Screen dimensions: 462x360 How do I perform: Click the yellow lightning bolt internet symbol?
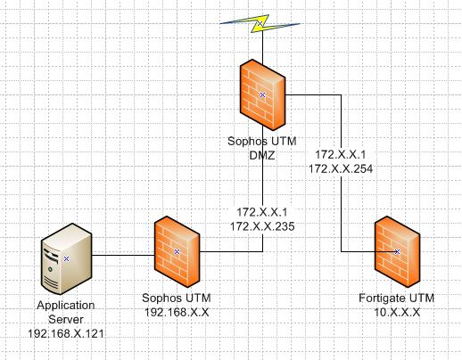[260, 23]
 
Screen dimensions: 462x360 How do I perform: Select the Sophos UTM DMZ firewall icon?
[262, 94]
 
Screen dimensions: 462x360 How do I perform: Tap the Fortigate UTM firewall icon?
[397, 251]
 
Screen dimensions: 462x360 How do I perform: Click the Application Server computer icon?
[66, 259]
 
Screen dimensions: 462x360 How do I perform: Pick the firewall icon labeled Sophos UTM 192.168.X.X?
[177, 251]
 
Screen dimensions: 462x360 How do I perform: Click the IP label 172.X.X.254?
[341, 169]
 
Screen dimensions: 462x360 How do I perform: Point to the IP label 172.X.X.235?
[262, 226]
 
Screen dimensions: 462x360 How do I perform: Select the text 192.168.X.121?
[66, 333]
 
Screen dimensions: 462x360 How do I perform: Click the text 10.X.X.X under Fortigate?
[397, 312]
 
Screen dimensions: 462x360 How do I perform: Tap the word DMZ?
[262, 155]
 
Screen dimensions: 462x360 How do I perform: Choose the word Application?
[66, 306]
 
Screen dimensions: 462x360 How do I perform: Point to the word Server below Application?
[66, 320]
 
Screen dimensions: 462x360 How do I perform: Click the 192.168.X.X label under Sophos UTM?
[177, 312]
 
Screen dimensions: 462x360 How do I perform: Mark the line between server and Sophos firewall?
[123, 255]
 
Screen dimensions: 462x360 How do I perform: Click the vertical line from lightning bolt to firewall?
[262, 46]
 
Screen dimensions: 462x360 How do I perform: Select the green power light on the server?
[50, 269]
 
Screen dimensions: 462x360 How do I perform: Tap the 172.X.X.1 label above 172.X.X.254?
[341, 155]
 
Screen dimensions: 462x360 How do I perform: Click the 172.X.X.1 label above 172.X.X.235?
[262, 212]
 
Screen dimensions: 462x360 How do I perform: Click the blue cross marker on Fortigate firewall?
[397, 251]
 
